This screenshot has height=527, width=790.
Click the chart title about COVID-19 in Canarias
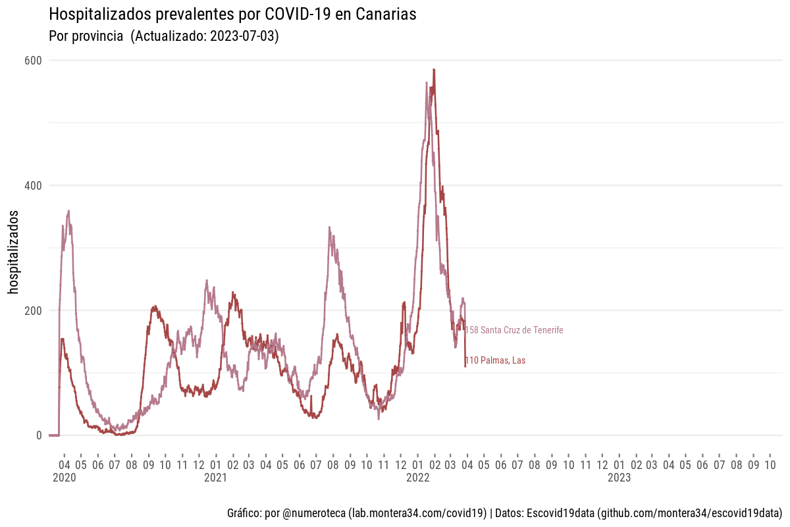[232, 14]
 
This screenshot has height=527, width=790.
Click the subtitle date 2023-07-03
[244, 37]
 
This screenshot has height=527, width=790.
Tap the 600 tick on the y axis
[34, 61]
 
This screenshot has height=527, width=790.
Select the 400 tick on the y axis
[34, 186]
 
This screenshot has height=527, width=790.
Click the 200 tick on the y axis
[34, 310]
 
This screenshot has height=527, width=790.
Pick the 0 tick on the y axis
[39, 435]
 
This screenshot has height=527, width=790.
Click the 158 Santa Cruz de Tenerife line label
[514, 330]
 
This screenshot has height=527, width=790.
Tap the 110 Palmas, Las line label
[495, 360]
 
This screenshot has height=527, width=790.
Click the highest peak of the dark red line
[434, 70]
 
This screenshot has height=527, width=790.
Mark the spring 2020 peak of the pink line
[68, 211]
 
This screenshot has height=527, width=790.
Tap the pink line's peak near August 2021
[329, 228]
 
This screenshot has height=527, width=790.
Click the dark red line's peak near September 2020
[155, 306]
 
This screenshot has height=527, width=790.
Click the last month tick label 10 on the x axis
[770, 464]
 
